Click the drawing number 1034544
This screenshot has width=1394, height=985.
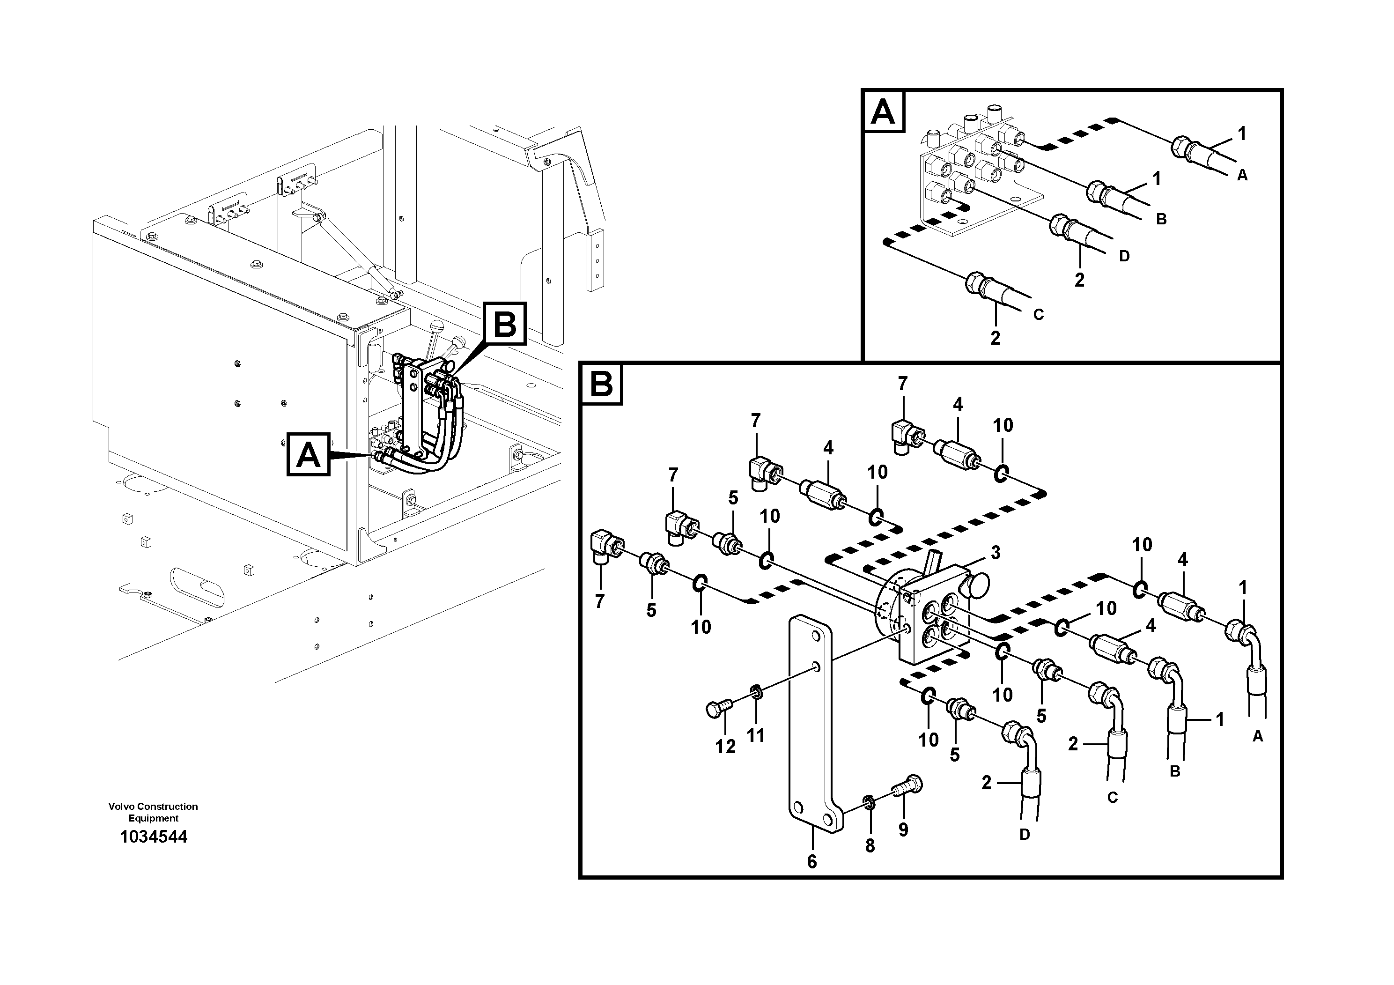154,837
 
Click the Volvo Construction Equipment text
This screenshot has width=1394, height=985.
153,812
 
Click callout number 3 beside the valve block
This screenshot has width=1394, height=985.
995,553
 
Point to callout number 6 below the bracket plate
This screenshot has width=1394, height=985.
812,862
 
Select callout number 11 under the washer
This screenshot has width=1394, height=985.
755,735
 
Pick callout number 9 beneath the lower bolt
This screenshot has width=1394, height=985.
903,829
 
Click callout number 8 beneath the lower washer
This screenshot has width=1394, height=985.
870,846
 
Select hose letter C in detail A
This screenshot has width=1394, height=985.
1038,315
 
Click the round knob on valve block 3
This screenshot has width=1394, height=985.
978,586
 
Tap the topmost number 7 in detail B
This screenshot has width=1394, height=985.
903,384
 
